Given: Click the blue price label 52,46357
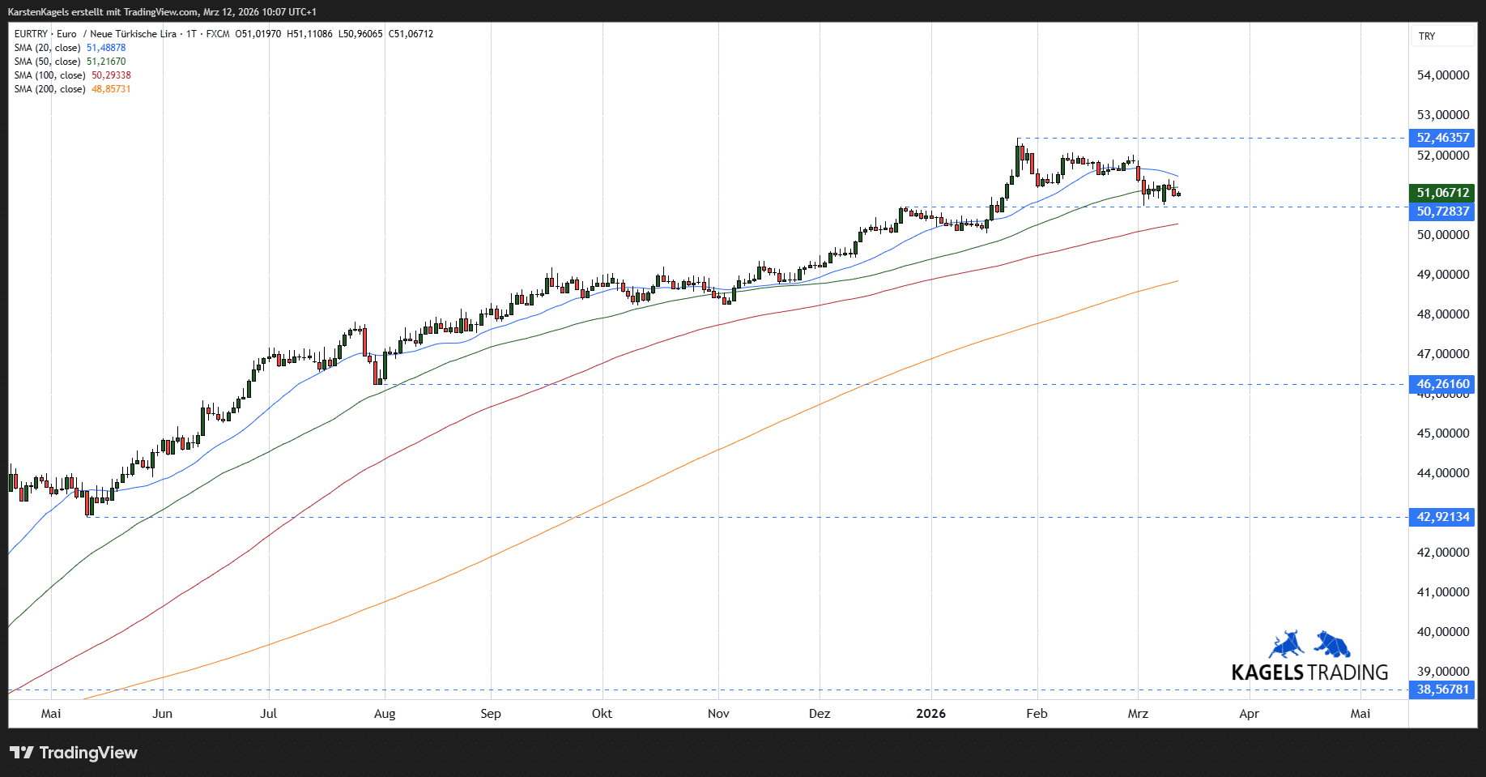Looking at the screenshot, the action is pos(1442,138).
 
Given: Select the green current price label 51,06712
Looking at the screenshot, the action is pos(1442,193).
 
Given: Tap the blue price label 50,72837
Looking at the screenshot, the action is pos(1442,211).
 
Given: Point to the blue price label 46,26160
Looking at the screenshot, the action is pos(1442,384).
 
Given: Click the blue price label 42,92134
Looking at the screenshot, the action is pos(1442,517).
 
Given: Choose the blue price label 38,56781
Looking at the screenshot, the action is pos(1442,689).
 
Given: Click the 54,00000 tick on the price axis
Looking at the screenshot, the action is pos(1443,75).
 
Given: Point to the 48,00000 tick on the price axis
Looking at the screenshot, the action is pos(1443,314).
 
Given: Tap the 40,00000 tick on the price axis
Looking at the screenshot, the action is pos(1443,632).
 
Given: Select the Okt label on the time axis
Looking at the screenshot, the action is pos(602,714).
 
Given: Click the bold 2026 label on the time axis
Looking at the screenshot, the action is pos(930,714).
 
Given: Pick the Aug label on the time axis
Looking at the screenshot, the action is pos(385,714).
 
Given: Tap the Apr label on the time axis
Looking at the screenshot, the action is pos(1249,714).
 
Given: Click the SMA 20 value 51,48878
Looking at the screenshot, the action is pos(106,48).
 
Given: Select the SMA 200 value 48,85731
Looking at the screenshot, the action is pos(111,89).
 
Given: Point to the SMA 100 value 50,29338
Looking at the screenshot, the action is pos(111,75).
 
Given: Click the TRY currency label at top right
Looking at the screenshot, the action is pos(1427,36).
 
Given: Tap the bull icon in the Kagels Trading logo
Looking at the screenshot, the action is pos(1287,644).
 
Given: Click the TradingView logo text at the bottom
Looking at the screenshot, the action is pos(88,753).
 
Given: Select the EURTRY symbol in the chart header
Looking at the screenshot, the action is pos(31,34).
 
